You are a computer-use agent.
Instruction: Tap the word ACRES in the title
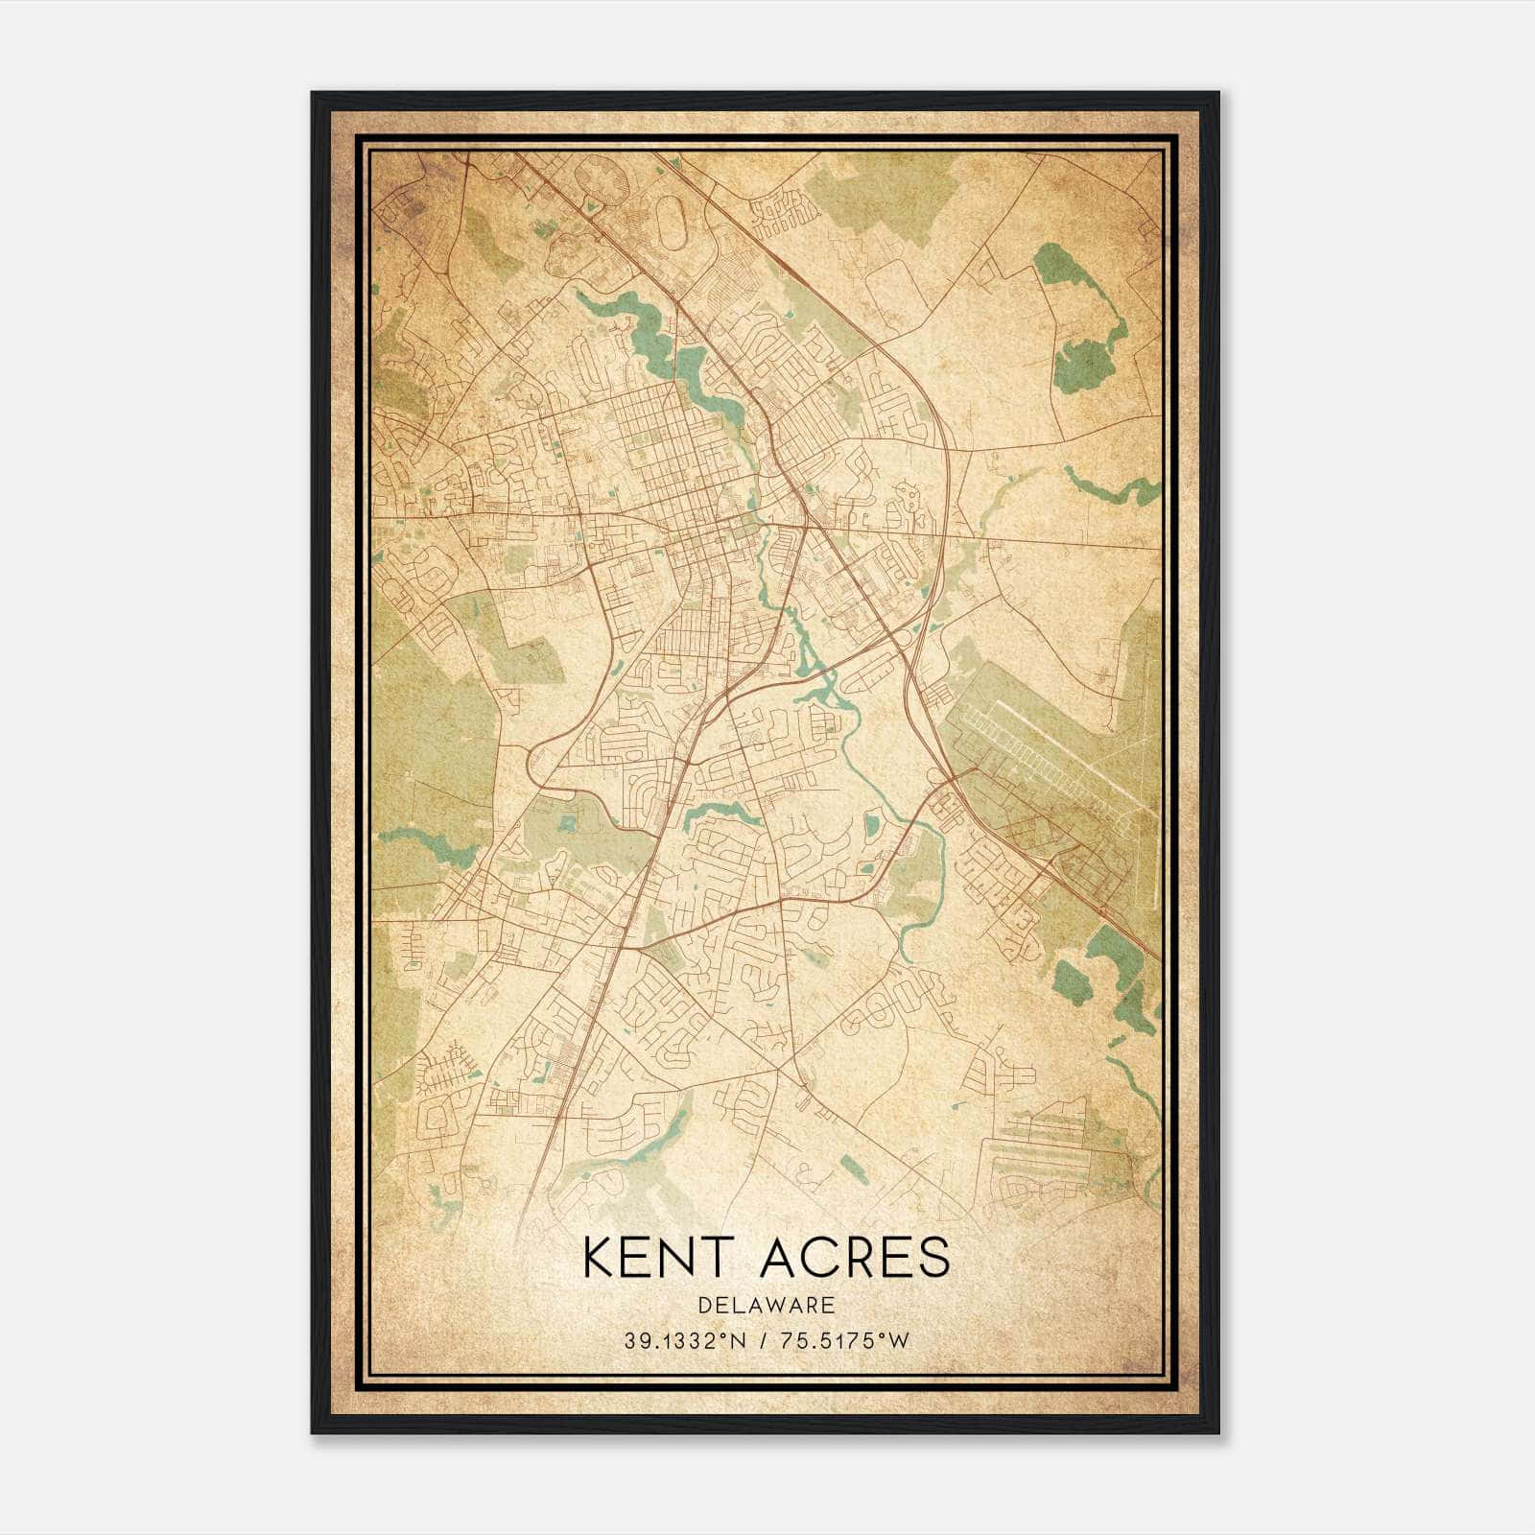(x=856, y=1258)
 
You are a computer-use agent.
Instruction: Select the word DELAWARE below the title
(x=767, y=1305)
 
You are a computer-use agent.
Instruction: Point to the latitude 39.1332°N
(x=685, y=1341)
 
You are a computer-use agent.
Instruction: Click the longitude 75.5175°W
(x=844, y=1341)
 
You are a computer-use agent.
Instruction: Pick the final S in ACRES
(x=935, y=1258)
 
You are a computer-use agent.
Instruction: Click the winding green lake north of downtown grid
(x=662, y=336)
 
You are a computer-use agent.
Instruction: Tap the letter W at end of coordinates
(x=898, y=1341)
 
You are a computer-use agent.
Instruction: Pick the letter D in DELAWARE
(x=705, y=1305)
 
